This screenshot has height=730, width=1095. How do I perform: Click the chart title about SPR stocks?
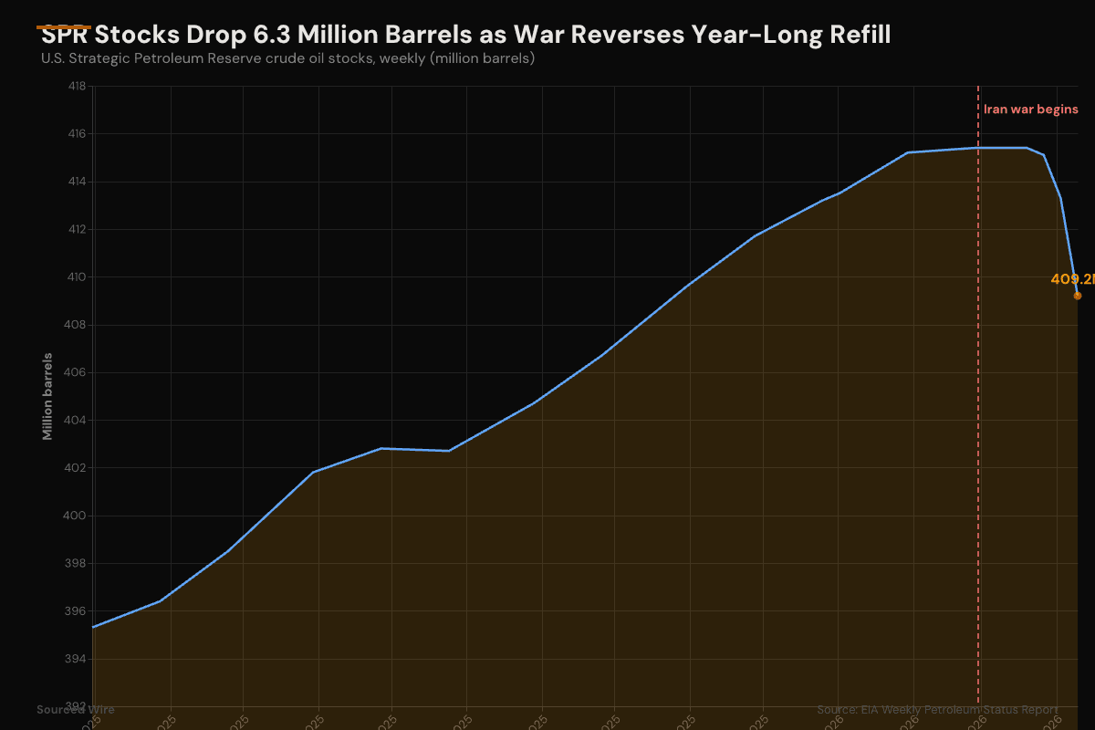point(465,36)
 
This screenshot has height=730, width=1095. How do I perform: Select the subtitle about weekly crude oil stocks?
point(287,58)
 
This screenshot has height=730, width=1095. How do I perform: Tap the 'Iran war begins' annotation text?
point(1030,109)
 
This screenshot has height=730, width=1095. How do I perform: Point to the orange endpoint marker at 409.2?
point(1078,296)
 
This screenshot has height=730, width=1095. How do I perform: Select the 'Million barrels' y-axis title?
point(47,396)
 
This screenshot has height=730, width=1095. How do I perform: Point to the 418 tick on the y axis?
point(77,87)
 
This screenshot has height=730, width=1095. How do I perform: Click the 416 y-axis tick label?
point(77,134)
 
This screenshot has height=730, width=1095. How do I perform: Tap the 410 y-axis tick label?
point(77,277)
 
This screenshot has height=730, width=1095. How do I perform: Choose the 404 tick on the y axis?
point(77,421)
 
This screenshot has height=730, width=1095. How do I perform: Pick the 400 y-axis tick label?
point(77,516)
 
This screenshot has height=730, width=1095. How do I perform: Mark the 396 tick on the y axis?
point(77,611)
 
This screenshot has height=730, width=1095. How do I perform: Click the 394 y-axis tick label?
point(77,659)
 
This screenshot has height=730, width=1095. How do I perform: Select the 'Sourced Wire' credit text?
point(76,709)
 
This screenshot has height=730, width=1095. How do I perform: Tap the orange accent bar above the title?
point(64,27)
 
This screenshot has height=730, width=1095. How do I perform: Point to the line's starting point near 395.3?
point(94,627)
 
